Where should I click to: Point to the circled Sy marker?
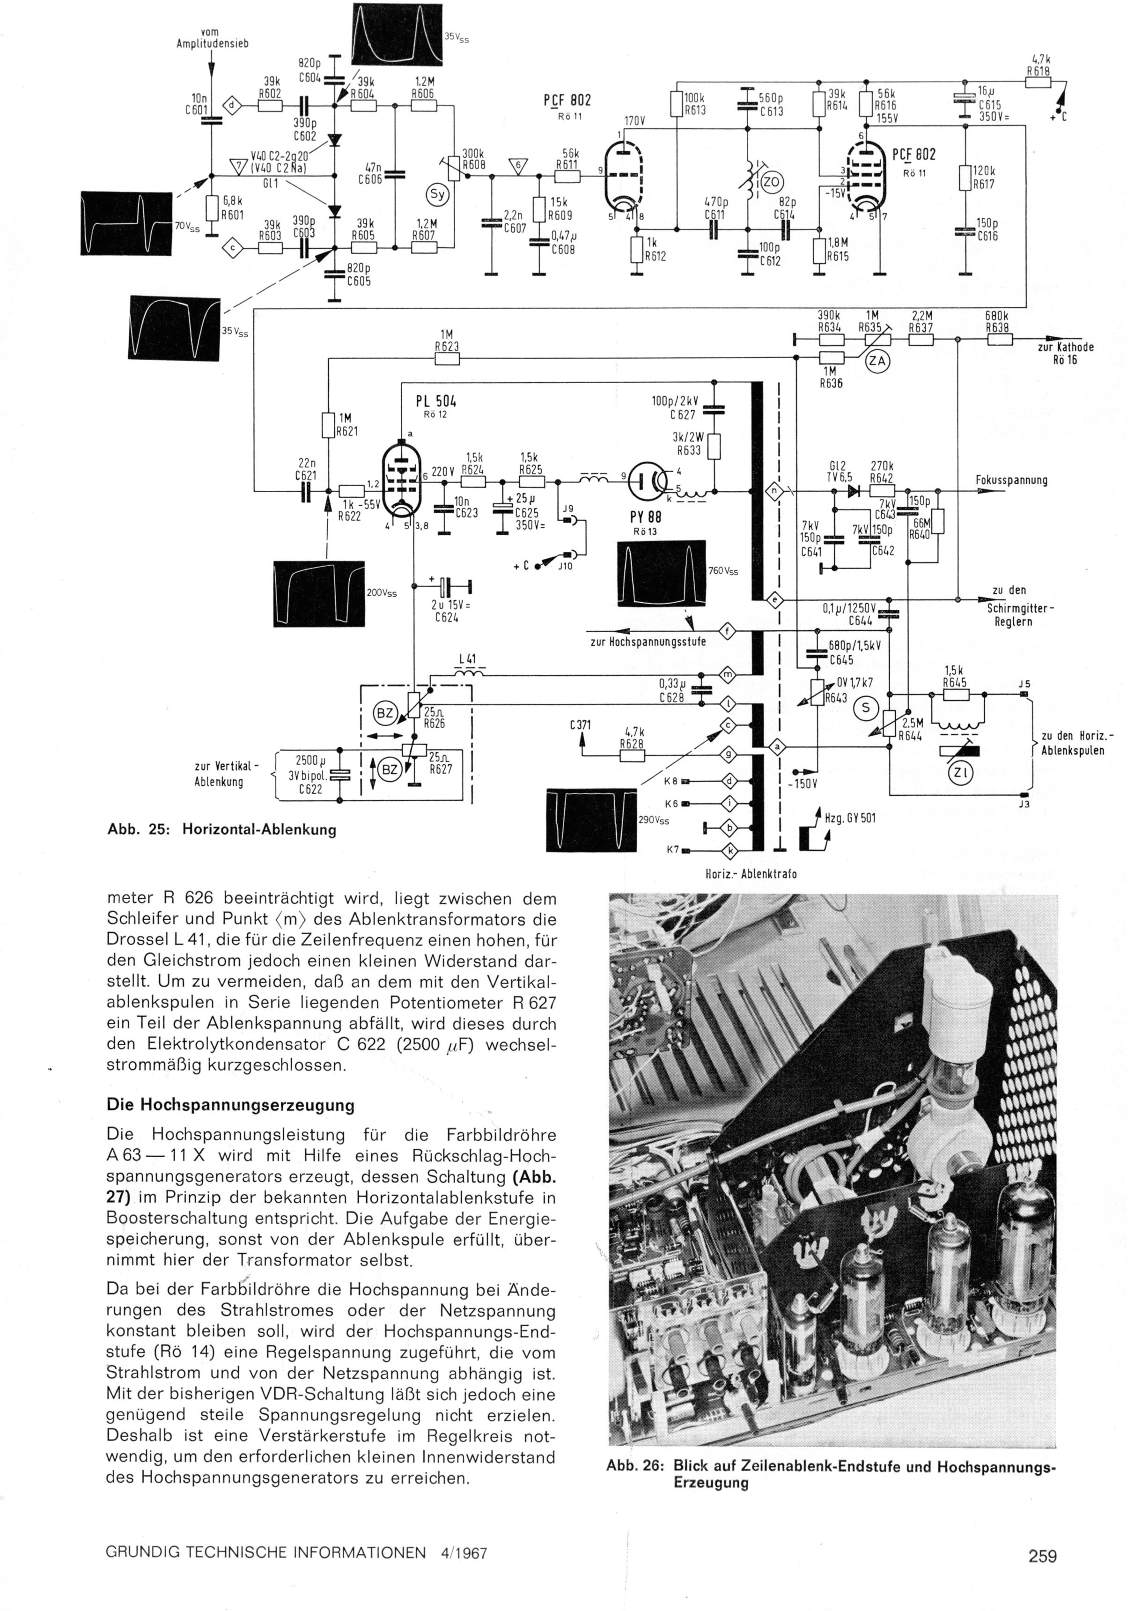click(437, 194)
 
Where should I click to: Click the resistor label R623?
click(446, 346)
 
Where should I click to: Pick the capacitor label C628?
click(671, 697)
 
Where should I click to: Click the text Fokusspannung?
click(1011, 480)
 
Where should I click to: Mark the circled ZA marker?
click(876, 362)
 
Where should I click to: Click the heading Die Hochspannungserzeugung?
click(230, 1104)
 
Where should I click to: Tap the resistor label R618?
click(1038, 70)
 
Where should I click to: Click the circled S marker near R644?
click(865, 708)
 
